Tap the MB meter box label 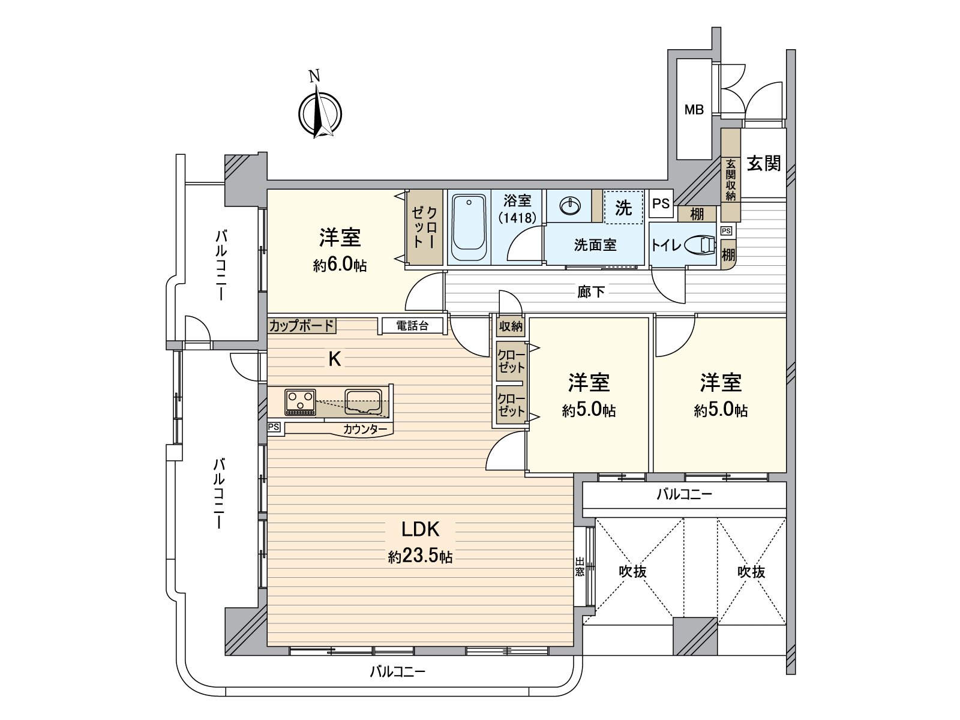click(x=694, y=110)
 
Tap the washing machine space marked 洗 click(x=623, y=208)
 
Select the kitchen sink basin click(x=364, y=401)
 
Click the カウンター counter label click(x=365, y=429)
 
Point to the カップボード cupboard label click(x=301, y=326)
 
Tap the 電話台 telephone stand click(x=413, y=326)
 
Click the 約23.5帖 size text click(x=420, y=557)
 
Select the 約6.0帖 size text click(x=340, y=266)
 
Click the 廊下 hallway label click(x=590, y=292)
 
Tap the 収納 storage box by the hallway click(x=511, y=326)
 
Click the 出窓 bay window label click(x=580, y=566)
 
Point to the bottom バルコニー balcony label click(x=397, y=671)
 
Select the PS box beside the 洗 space click(x=661, y=203)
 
